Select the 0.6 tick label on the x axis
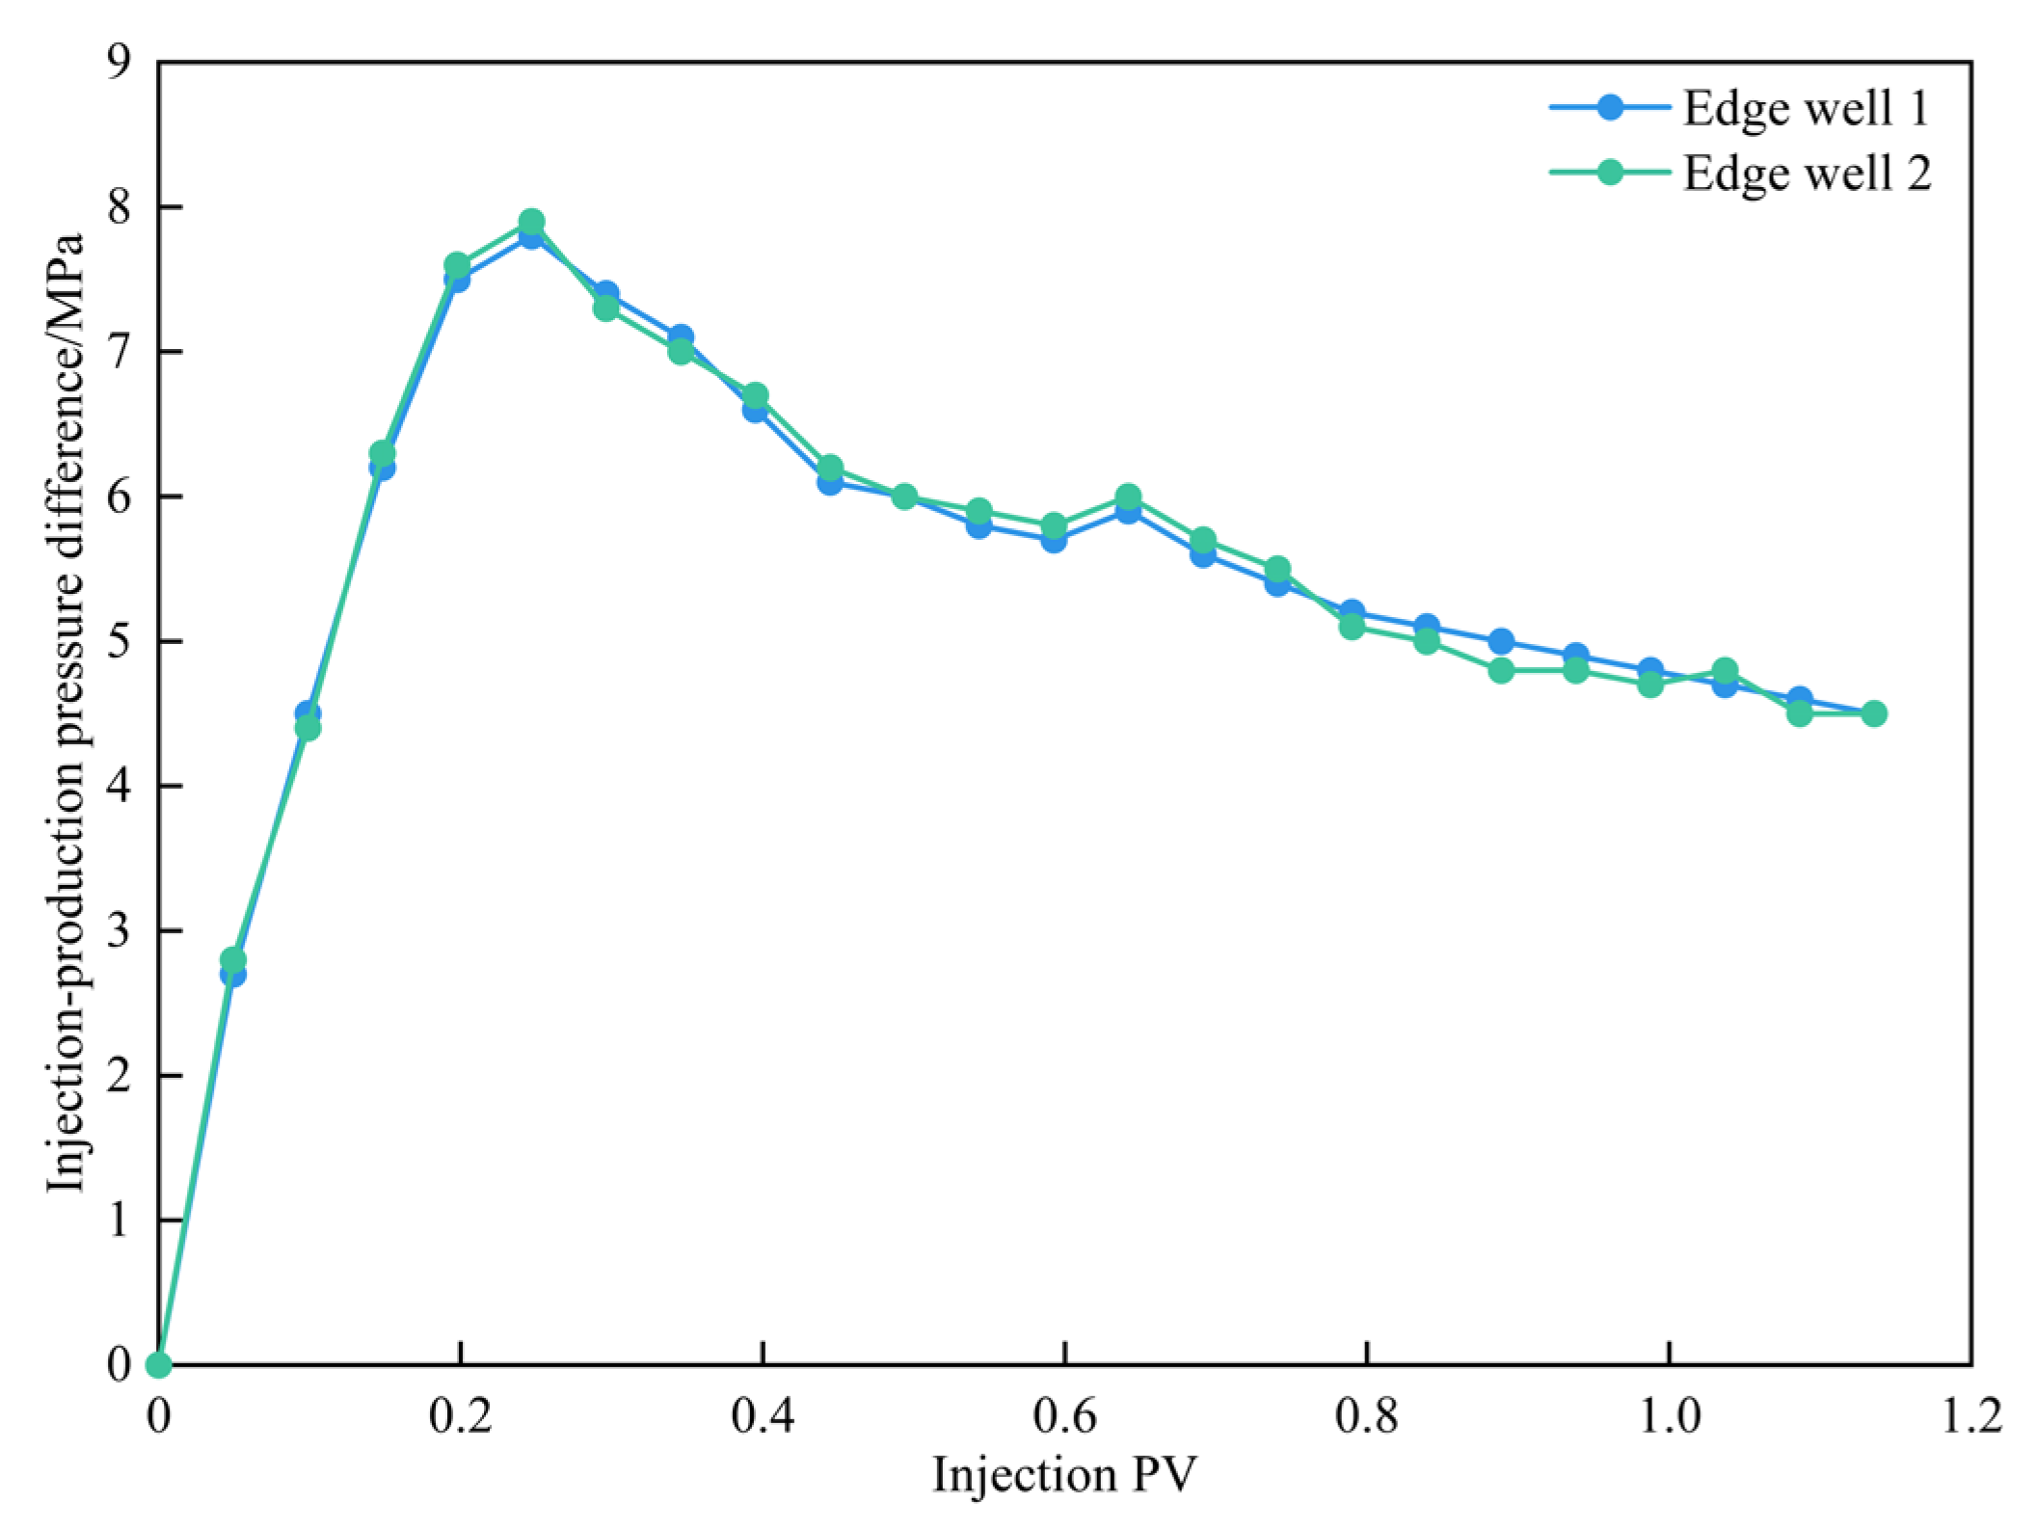(x=1063, y=1419)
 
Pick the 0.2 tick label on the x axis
(x=461, y=1419)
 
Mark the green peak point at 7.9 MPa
(x=531, y=222)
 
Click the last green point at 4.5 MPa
(x=1873, y=713)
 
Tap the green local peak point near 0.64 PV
(x=1128, y=497)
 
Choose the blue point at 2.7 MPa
(x=233, y=974)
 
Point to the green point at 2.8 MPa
(x=233, y=959)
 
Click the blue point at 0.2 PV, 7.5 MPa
(x=457, y=280)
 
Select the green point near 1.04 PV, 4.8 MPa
(x=1725, y=670)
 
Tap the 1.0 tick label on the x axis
(x=1668, y=1419)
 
